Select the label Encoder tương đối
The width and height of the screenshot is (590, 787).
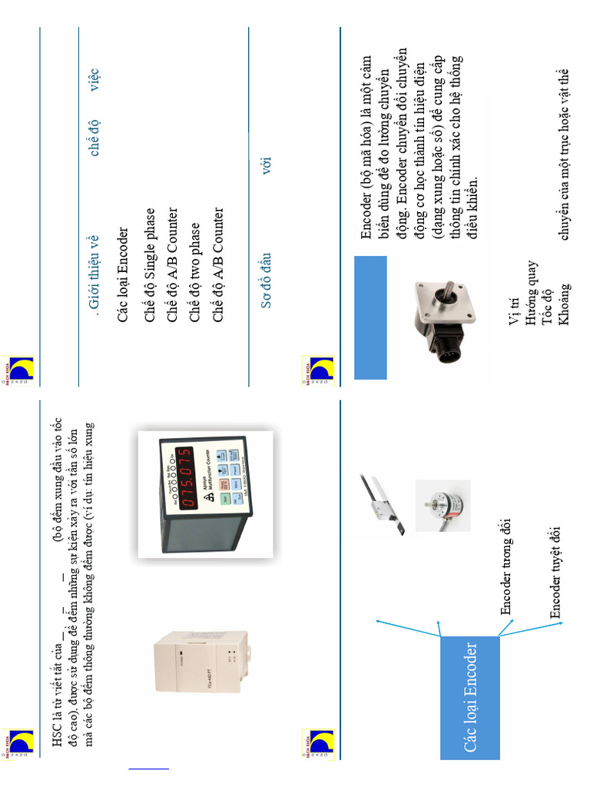[x=506, y=566]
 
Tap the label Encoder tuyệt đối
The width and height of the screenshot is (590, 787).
[x=555, y=573]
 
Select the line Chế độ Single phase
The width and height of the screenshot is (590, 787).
[x=150, y=266]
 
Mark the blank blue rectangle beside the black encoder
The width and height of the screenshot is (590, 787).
[x=370, y=317]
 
